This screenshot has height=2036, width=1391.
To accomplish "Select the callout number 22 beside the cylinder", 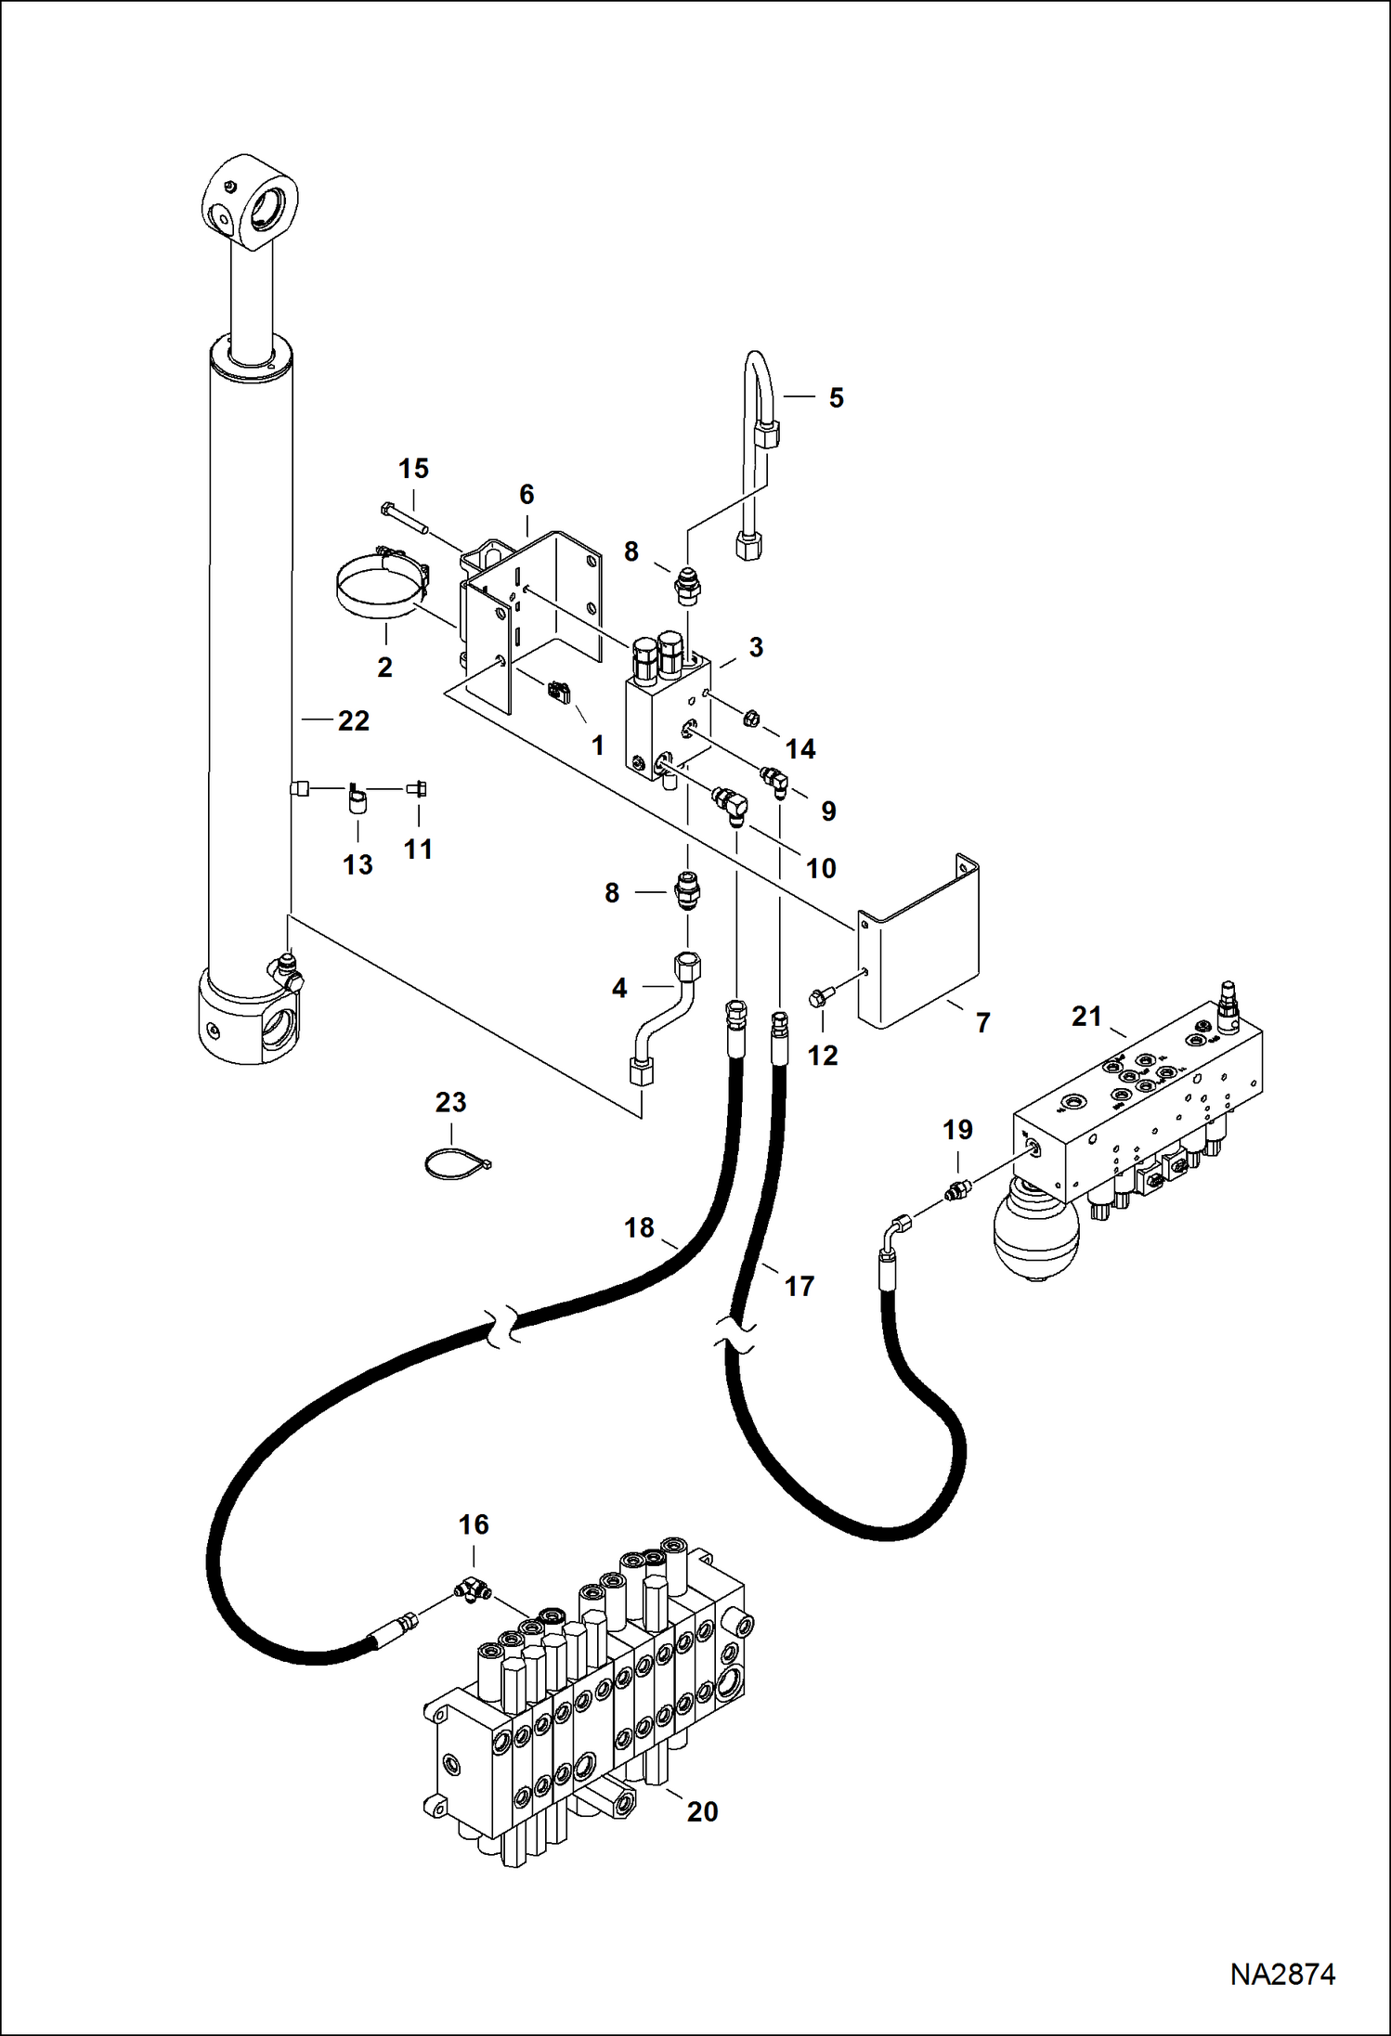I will tap(353, 720).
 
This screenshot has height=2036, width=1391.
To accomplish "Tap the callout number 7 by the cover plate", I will tap(982, 1023).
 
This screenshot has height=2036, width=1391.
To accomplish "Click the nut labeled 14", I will tap(753, 718).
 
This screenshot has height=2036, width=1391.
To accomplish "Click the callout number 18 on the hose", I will tap(639, 1227).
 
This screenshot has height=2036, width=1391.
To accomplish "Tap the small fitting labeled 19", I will tap(956, 1190).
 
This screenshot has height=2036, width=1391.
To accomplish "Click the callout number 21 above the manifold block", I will tap(1086, 1017).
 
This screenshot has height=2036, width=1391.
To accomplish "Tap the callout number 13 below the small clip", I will tap(357, 864).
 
